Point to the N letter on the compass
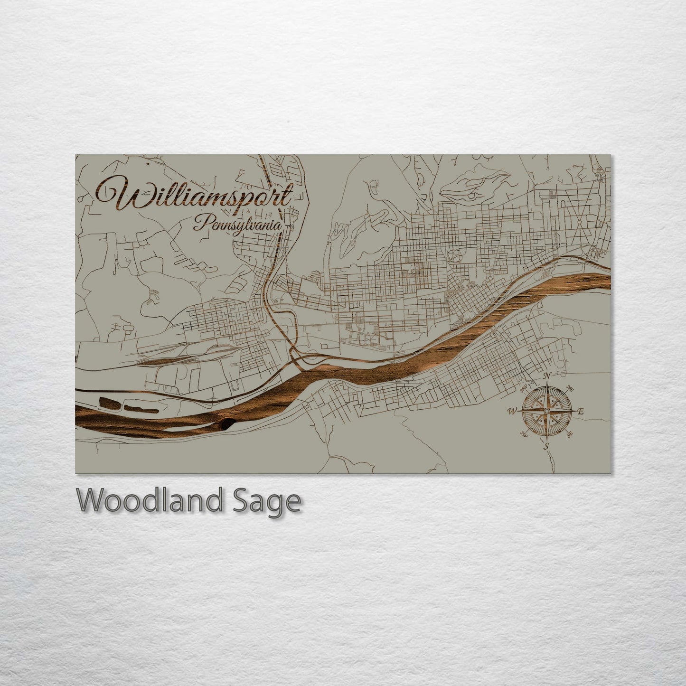tap(547, 376)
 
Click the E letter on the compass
tap(580, 412)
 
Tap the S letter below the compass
tap(546, 446)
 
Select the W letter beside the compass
tap(513, 411)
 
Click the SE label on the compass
tap(570, 433)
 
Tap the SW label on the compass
tap(524, 433)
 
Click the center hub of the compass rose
tap(547, 411)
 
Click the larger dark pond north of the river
tap(109, 403)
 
